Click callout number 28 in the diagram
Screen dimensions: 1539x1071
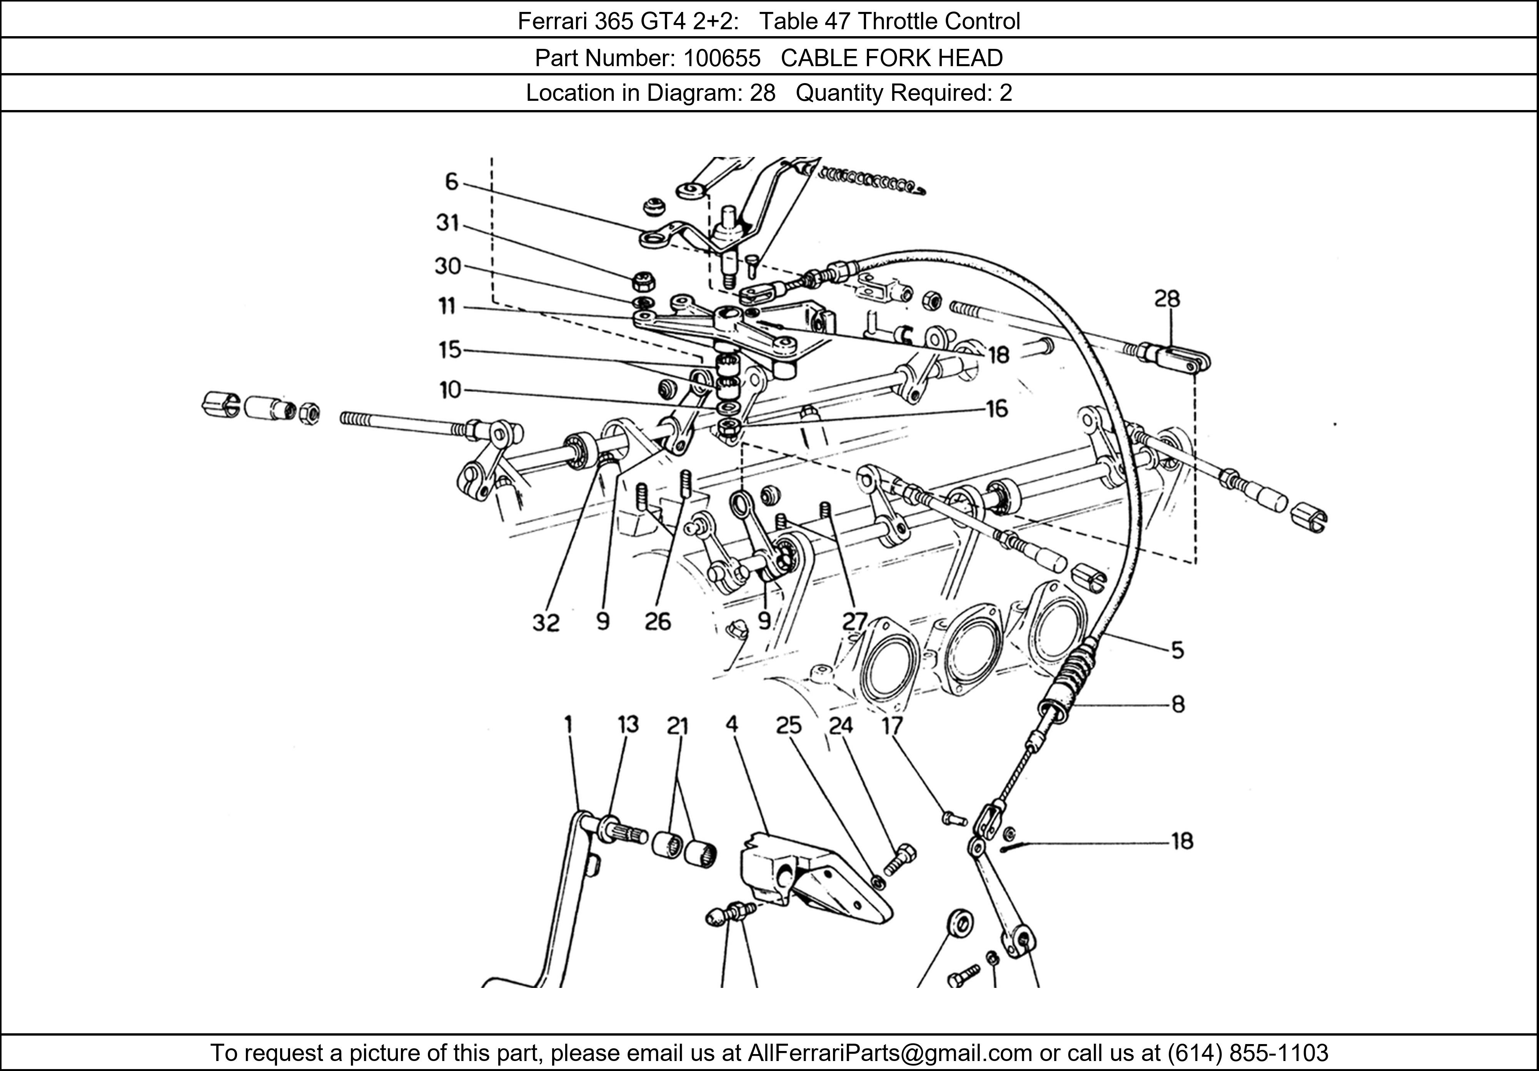pyautogui.click(x=1167, y=299)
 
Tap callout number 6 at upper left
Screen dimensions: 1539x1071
pyautogui.click(x=452, y=182)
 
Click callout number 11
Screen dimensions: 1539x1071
pyautogui.click(x=447, y=306)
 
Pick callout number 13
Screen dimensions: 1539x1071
pyautogui.click(x=628, y=724)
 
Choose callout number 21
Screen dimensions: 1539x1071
pyautogui.click(x=678, y=726)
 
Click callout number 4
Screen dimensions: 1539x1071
pyautogui.click(x=731, y=724)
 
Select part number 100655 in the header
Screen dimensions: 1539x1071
pyautogui.click(x=722, y=58)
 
